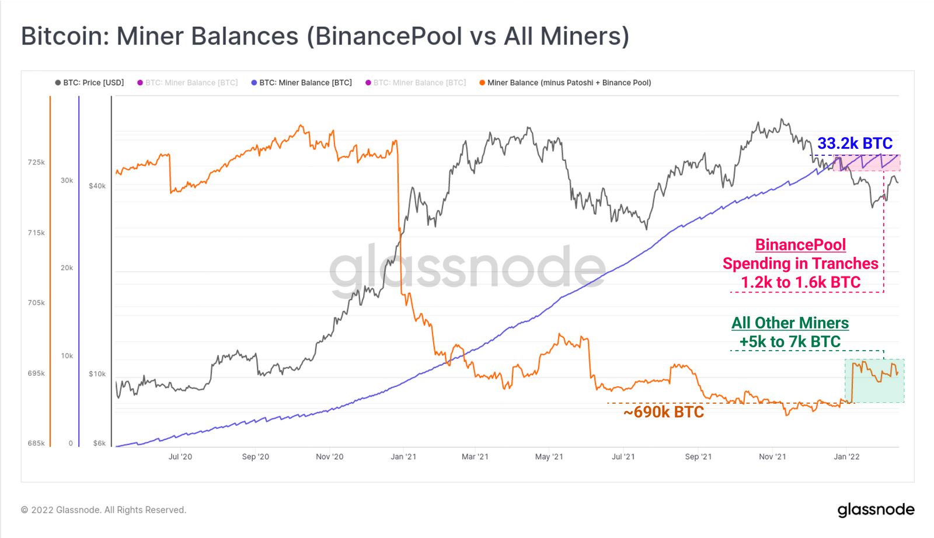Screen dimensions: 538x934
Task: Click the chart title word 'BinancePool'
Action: tap(384, 36)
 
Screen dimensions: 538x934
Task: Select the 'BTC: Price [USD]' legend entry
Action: tap(90, 83)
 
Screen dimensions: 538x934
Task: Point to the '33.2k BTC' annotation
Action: tap(855, 144)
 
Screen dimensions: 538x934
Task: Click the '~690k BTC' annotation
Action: tap(664, 412)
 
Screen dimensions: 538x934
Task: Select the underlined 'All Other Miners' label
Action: tap(790, 323)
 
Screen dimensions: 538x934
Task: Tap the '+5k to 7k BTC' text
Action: tap(790, 341)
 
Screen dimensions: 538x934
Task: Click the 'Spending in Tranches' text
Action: tap(800, 264)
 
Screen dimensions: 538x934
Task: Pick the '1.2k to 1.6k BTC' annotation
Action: tap(800, 282)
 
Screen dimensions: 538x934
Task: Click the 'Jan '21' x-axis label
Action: tap(403, 456)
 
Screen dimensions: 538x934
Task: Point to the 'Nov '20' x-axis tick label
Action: tap(329, 456)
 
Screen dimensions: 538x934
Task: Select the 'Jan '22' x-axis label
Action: tap(846, 456)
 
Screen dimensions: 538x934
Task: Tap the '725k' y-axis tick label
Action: tap(36, 162)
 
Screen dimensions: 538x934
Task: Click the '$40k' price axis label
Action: tap(97, 186)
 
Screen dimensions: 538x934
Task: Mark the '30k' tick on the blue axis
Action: tap(67, 180)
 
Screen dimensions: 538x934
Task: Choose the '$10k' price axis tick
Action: tap(97, 374)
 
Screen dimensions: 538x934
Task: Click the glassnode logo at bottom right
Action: tap(876, 510)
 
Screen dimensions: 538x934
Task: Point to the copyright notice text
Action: tap(103, 510)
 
